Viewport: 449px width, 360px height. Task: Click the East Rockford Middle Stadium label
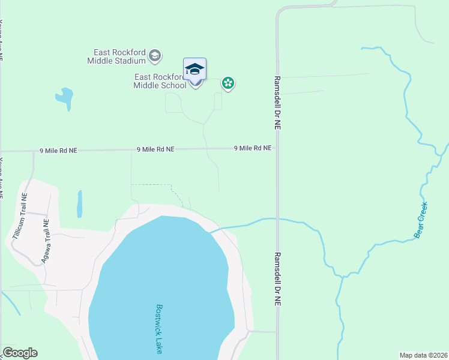(x=116, y=56)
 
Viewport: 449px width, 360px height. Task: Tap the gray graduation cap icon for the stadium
(x=155, y=56)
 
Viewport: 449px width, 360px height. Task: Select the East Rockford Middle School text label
(x=160, y=81)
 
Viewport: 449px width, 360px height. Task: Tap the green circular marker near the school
(x=228, y=83)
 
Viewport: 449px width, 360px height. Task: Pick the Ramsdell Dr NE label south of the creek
(x=278, y=279)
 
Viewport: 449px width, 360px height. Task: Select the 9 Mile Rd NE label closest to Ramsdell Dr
(x=252, y=148)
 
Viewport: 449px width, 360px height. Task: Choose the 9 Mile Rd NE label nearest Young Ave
(x=58, y=150)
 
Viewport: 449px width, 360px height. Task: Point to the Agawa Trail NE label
(x=44, y=241)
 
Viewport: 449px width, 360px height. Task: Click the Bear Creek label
(x=421, y=220)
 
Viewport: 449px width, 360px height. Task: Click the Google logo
(x=20, y=353)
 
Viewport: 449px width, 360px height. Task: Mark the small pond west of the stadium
(x=64, y=98)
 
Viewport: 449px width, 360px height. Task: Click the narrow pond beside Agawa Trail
(x=79, y=203)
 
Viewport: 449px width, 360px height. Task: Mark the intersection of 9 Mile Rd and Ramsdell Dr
(x=277, y=148)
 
